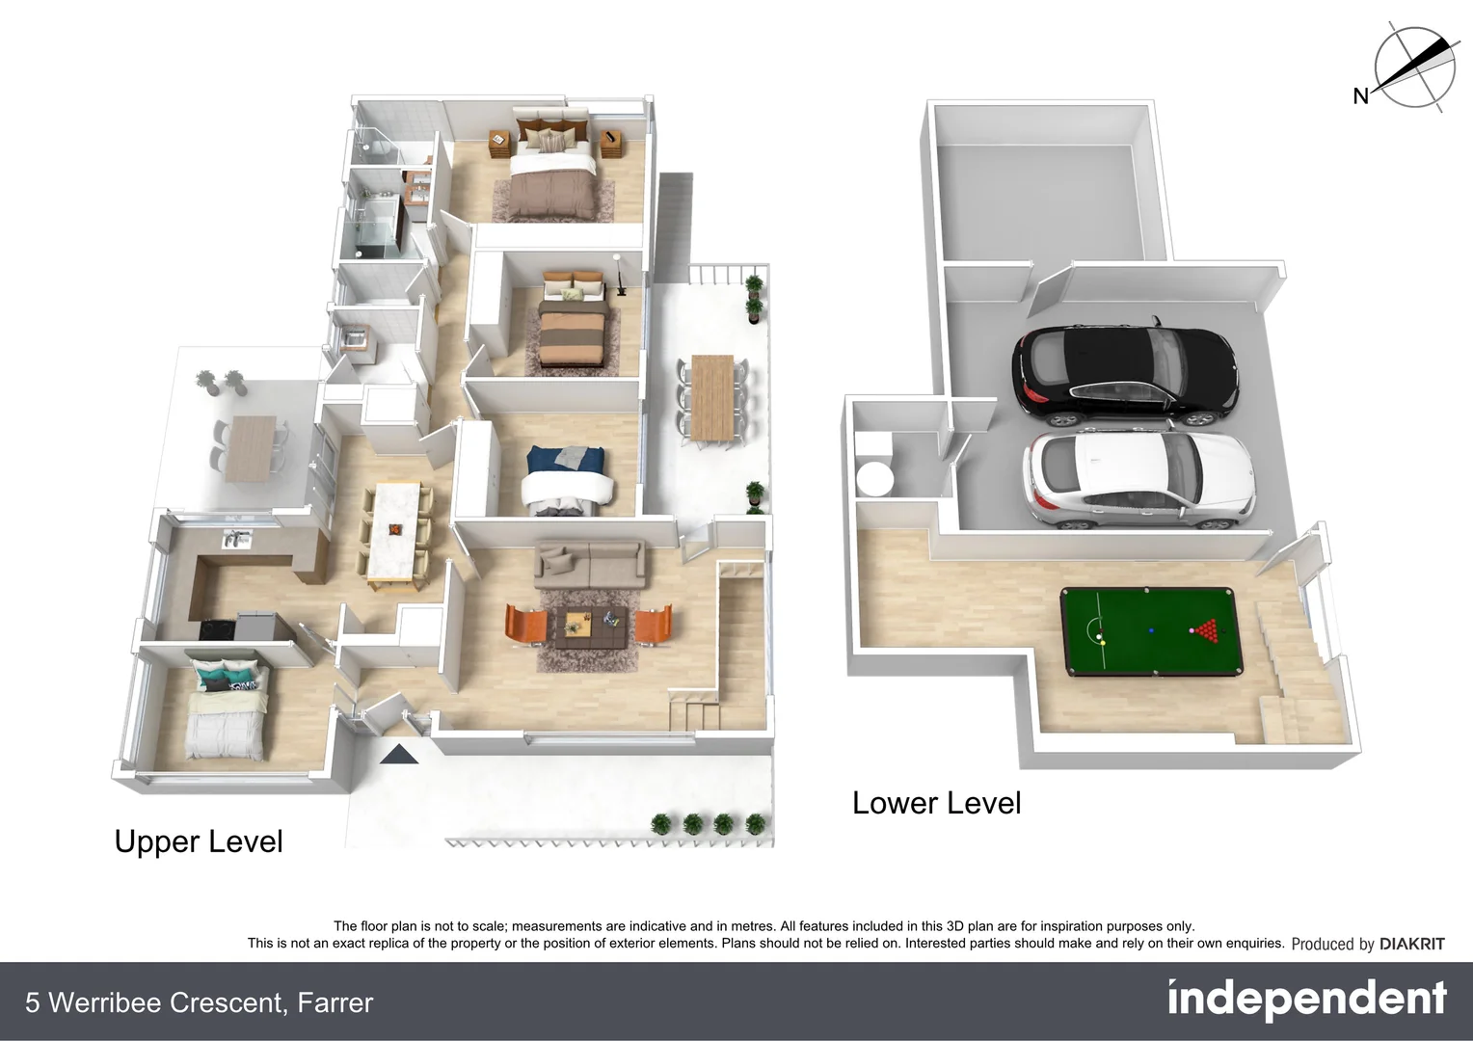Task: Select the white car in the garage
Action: (x=1138, y=479)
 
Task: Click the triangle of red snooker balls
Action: (x=1204, y=631)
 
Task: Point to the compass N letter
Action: (x=1361, y=95)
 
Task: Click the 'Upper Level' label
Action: (x=199, y=841)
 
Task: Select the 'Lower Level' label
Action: (x=936, y=803)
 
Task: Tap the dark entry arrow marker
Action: (x=399, y=754)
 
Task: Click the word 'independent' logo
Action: (x=1306, y=1000)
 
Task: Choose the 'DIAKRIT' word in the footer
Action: (x=1411, y=944)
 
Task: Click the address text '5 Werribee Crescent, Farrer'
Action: (x=199, y=1002)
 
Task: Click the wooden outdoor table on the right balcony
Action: (x=713, y=398)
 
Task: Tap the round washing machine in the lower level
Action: (x=876, y=478)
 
